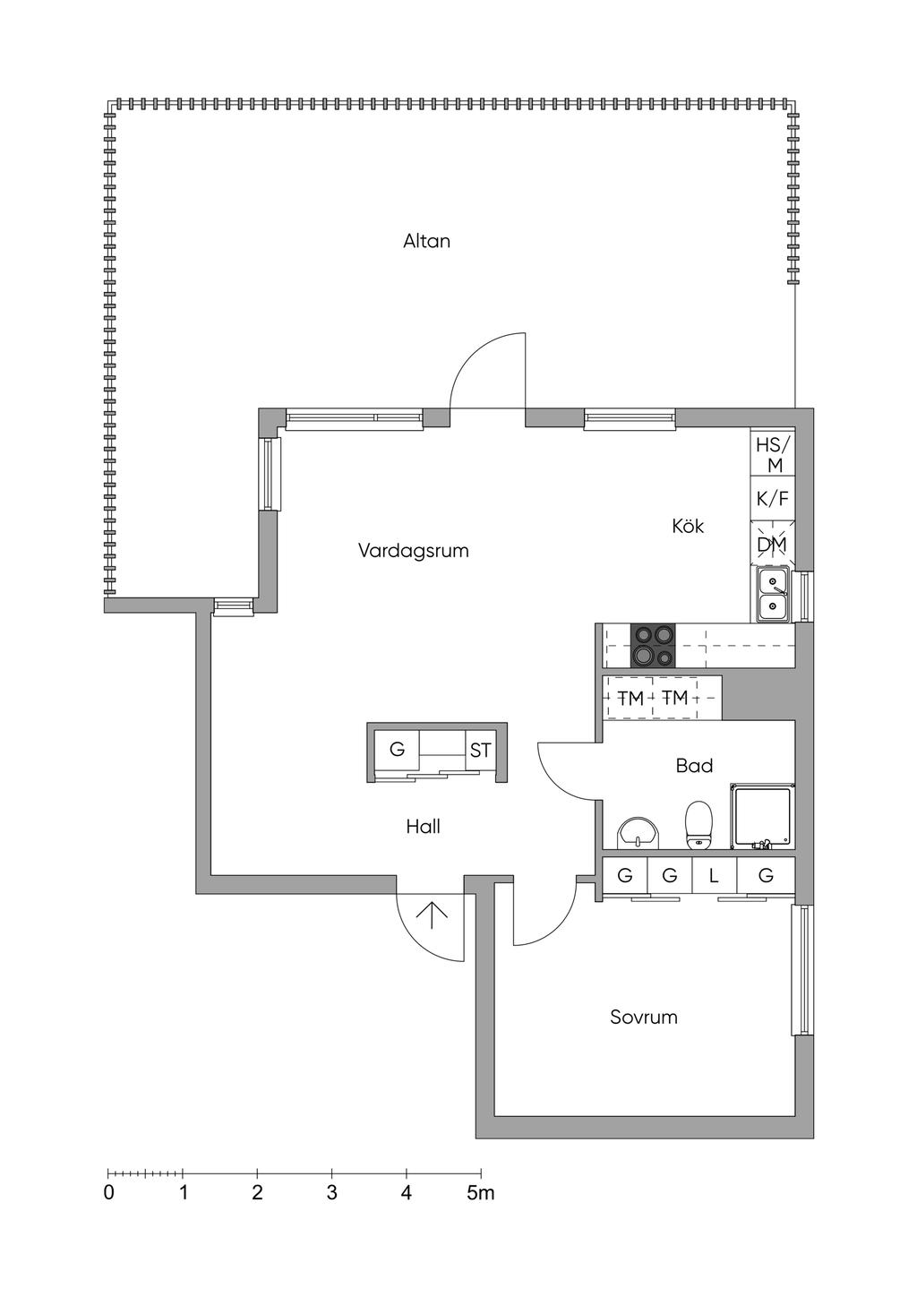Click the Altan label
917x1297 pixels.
point(426,241)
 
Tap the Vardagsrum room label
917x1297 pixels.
point(414,550)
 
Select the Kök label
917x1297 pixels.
point(688,526)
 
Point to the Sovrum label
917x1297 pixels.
point(644,1018)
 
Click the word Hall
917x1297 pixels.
point(424,826)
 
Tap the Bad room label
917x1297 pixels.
point(694,766)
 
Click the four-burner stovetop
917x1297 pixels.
point(653,645)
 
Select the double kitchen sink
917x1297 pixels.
point(772,595)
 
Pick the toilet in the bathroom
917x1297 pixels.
point(699,825)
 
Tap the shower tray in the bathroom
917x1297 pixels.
point(762,816)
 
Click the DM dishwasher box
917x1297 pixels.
point(773,544)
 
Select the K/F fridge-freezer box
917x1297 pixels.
point(773,499)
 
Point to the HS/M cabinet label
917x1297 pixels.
point(773,454)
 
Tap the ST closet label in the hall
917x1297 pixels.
point(480,751)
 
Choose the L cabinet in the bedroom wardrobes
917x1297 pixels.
point(715,875)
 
